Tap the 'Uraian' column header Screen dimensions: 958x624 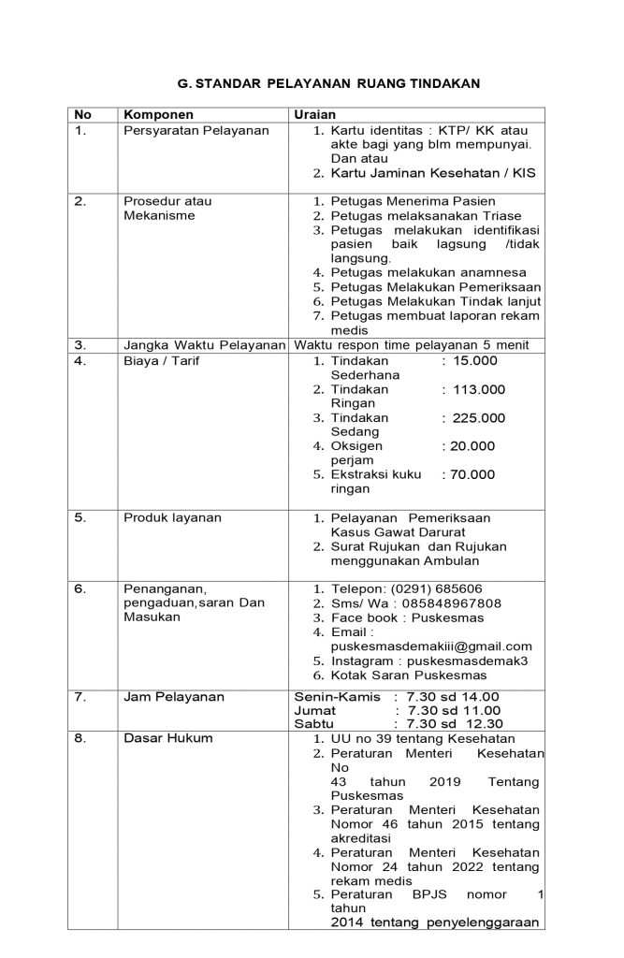[x=314, y=114]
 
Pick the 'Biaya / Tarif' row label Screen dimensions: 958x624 [x=162, y=360]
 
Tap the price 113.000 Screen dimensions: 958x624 [x=479, y=389]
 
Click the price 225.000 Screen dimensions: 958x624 [x=479, y=417]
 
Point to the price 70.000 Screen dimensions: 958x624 [x=472, y=474]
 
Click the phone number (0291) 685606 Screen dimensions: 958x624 [x=435, y=589]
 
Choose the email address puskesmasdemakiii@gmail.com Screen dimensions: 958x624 [x=431, y=646]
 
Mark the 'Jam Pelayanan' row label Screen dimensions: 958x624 [x=174, y=697]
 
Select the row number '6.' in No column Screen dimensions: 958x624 [x=80, y=589]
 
